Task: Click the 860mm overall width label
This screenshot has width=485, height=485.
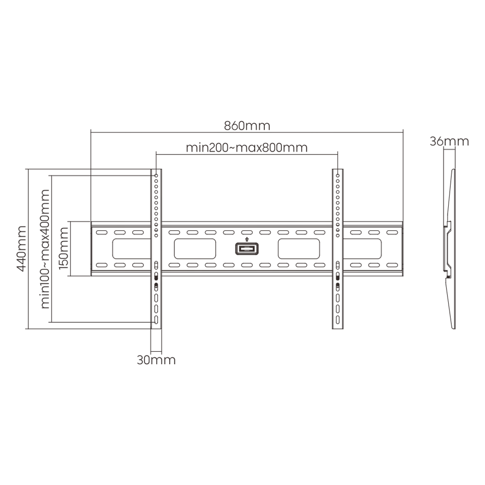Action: [x=247, y=125]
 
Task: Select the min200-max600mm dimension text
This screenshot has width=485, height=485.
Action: [x=247, y=148]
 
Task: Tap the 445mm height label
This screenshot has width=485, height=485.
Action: [x=22, y=249]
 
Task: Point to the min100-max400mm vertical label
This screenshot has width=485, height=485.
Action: [x=44, y=249]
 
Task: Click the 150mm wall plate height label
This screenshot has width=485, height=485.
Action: [x=64, y=248]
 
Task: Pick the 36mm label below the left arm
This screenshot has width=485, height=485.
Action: [x=157, y=360]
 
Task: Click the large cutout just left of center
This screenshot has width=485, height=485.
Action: [x=196, y=249]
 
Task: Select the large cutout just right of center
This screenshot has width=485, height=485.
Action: [x=298, y=249]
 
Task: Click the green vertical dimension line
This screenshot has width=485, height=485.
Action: [x=51, y=249]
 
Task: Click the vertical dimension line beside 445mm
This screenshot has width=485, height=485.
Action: [x=29, y=249]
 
